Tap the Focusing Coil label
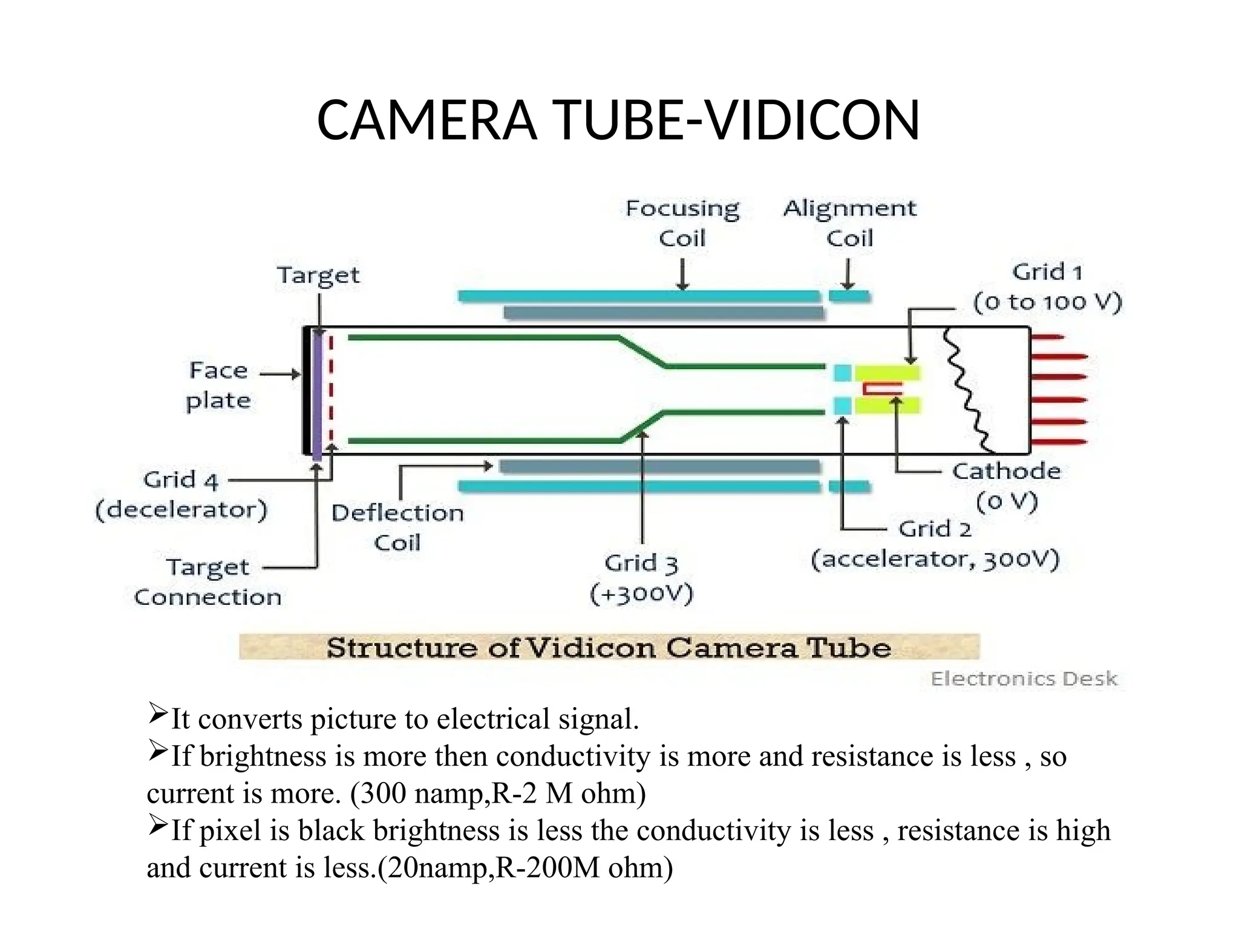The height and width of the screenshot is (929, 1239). click(x=682, y=223)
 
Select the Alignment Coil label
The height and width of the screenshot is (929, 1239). click(x=849, y=223)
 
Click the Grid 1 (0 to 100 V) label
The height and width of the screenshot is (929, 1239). click(x=1047, y=287)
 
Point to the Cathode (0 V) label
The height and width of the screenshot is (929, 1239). click(x=1007, y=486)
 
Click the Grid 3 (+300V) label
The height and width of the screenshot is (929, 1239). click(x=641, y=578)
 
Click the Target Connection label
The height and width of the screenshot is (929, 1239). click(x=208, y=582)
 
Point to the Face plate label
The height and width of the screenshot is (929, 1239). click(x=218, y=385)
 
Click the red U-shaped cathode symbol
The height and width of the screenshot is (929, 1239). click(x=881, y=390)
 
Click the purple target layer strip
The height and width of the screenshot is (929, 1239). click(x=317, y=393)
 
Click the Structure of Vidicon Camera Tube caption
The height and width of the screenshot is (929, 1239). click(x=609, y=648)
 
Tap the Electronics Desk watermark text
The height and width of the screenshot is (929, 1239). click(x=1024, y=679)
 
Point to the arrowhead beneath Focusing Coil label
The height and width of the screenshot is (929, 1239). click(x=682, y=285)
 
